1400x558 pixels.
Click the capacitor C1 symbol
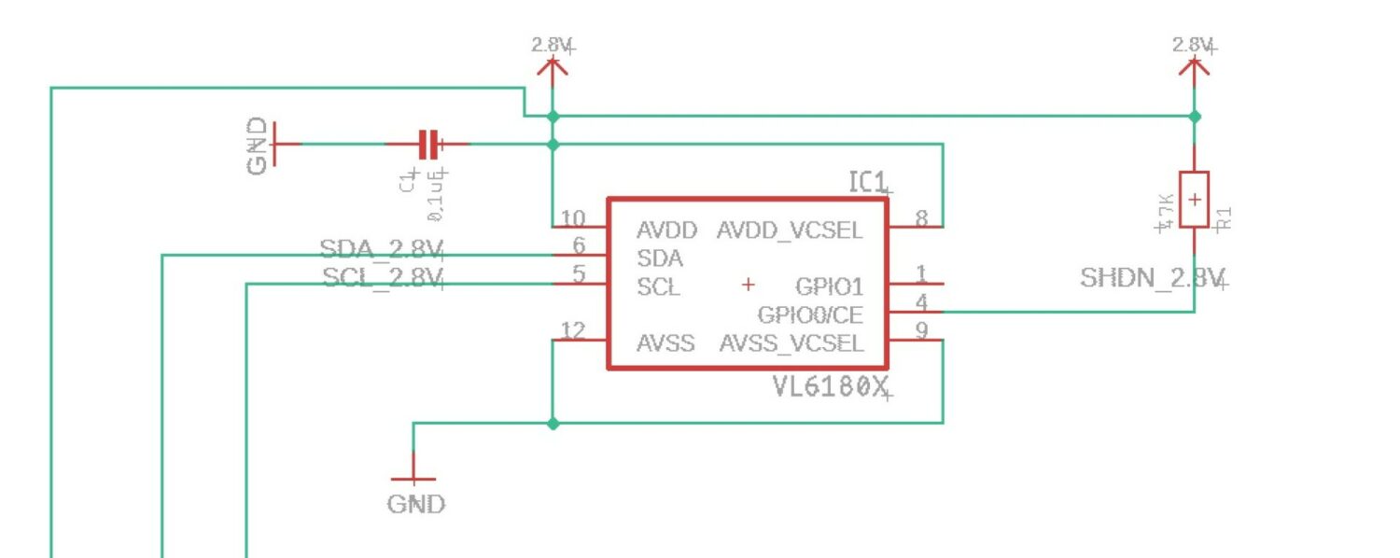pos(427,144)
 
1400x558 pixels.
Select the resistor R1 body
pos(1194,199)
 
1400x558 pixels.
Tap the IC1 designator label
pos(867,182)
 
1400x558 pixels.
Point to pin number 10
pos(573,219)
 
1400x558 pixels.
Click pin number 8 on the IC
pos(921,219)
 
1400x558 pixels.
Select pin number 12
pos(573,330)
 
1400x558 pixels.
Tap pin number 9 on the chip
pos(921,330)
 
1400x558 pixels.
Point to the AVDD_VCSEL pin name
pos(790,230)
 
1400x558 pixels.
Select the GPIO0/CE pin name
pos(810,314)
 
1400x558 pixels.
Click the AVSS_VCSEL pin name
pos(791,343)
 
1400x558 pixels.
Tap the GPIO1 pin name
pos(829,286)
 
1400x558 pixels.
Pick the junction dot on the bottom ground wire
pos(553,423)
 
